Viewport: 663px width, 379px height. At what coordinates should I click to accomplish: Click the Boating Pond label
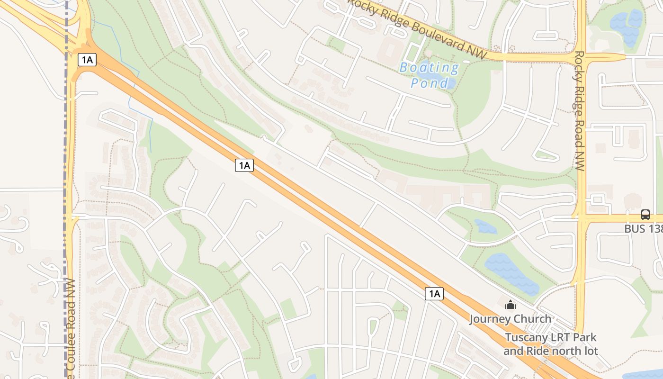[429, 75]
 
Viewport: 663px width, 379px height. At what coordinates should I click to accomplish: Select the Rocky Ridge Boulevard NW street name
[417, 29]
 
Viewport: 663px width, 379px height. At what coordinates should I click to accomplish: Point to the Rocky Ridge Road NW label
[579, 111]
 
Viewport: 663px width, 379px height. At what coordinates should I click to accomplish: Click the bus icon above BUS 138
[645, 214]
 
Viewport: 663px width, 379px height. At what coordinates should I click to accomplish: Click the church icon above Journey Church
[510, 305]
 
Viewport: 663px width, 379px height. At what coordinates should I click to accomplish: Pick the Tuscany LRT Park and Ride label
[550, 344]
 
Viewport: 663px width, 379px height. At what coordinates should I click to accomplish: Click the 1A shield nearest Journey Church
[434, 294]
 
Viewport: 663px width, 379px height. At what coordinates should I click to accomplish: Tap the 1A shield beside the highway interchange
[87, 60]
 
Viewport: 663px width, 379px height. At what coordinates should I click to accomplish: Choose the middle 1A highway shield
[244, 165]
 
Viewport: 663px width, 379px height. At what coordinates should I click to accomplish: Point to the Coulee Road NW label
[71, 332]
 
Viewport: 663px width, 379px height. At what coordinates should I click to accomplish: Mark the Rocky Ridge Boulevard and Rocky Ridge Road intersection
[581, 57]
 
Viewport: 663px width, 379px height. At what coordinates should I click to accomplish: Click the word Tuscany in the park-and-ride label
[526, 338]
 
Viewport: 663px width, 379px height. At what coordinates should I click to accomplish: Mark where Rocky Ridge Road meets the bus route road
[581, 217]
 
